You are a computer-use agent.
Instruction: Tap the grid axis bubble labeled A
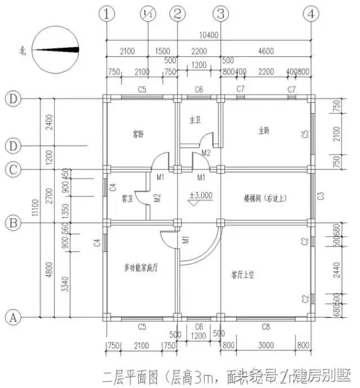click(x=13, y=317)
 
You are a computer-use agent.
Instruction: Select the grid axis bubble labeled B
click(x=13, y=223)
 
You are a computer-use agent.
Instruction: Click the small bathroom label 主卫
click(x=195, y=119)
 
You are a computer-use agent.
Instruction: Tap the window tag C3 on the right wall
click(x=321, y=196)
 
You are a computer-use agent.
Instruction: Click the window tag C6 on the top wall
click(x=199, y=90)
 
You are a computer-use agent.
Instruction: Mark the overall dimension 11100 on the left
click(x=35, y=208)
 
